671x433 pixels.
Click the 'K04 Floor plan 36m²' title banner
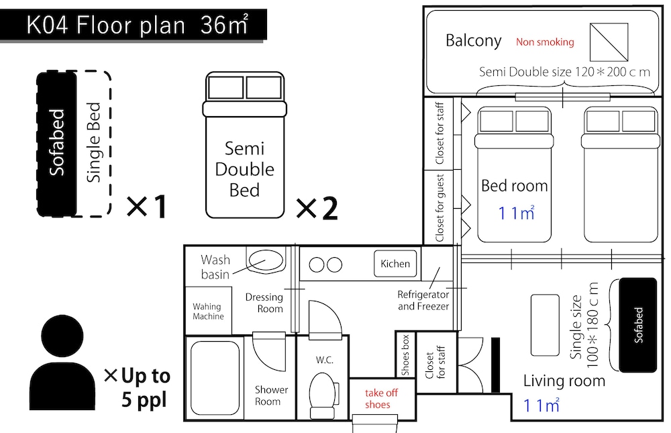point(133,25)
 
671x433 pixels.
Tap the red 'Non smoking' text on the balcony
point(545,42)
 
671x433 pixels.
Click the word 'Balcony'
point(473,41)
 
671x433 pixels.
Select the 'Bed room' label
point(515,186)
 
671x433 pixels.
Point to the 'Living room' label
point(564,381)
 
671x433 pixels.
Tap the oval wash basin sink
point(266,261)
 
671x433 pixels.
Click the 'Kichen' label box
point(395,264)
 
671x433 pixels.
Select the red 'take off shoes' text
point(381,399)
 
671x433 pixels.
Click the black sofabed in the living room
point(637,325)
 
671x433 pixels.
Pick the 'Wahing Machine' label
point(208,311)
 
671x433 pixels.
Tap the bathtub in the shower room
point(215,378)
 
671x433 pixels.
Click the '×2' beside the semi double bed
point(317,209)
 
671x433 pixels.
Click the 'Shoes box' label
point(405,355)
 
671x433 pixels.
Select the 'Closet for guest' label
point(440,208)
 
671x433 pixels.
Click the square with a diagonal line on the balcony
point(609,42)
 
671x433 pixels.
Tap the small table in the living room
point(545,325)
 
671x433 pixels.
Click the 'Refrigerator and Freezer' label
point(423,300)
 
